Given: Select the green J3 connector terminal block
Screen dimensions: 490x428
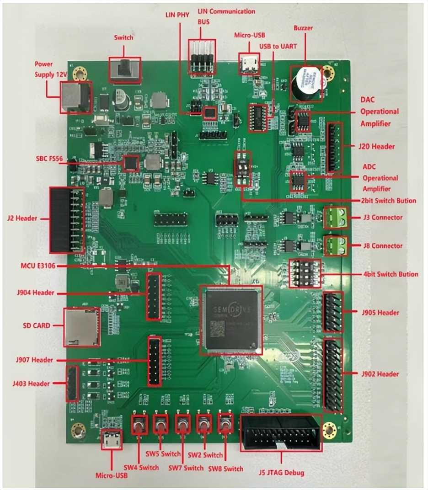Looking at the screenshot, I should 335,217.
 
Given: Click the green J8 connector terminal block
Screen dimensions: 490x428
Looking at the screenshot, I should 335,245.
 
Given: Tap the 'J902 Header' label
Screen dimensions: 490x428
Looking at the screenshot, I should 380,374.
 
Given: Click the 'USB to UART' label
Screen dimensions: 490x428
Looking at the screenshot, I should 278,47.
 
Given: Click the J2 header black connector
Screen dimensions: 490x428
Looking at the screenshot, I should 67,220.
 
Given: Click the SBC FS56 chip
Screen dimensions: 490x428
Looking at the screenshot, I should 131,163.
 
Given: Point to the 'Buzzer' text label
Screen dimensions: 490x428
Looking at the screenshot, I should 303,28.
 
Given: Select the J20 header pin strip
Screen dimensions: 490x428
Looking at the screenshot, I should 335,147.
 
